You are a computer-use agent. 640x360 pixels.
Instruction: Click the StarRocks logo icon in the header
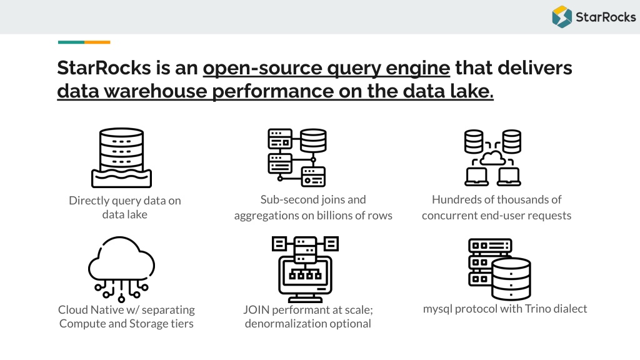tap(562, 17)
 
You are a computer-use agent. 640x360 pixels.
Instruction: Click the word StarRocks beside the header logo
tap(606, 17)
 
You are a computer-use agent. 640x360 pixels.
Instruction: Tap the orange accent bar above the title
tap(97, 42)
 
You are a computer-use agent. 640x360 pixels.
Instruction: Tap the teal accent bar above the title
tap(71, 42)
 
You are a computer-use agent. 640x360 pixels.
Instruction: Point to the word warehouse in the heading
tap(156, 91)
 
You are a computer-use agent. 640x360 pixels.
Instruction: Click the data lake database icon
tap(122, 158)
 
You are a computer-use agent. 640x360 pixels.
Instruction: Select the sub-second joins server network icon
tap(297, 157)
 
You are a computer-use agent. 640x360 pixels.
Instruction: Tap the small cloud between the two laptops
tap(493, 157)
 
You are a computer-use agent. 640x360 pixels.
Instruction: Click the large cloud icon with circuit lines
tap(121, 269)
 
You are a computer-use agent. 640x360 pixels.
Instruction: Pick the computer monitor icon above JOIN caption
tap(305, 269)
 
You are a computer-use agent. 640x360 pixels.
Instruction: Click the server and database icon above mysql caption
tap(499, 269)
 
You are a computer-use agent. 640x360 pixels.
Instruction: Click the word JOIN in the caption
tap(256, 310)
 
